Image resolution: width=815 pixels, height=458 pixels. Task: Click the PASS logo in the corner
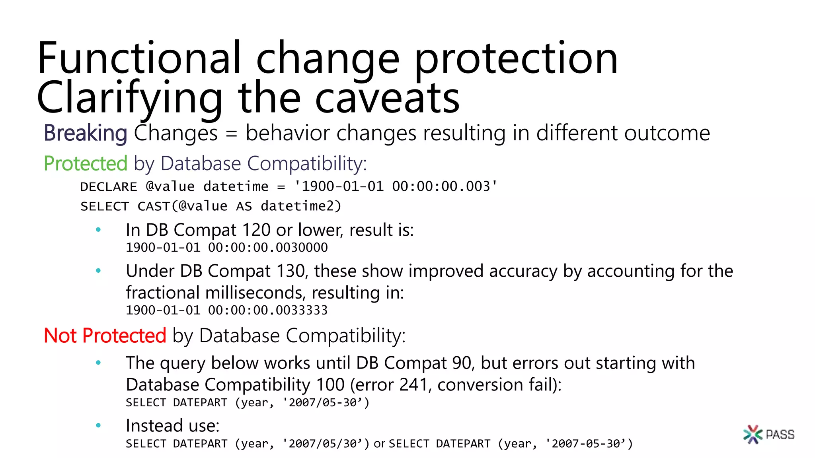click(768, 434)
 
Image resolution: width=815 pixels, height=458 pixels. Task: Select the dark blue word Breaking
click(85, 133)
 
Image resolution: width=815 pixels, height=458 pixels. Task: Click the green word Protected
click(85, 163)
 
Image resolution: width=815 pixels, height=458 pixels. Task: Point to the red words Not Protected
click(105, 336)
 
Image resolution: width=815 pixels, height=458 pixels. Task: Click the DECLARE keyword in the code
click(109, 186)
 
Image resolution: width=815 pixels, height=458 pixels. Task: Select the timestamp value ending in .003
click(396, 186)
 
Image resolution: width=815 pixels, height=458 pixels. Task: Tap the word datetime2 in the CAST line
click(301, 206)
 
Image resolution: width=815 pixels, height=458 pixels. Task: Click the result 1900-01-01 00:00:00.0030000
click(227, 248)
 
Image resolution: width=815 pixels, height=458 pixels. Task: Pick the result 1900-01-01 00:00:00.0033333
click(227, 310)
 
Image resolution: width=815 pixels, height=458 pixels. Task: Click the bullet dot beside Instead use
click(98, 426)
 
